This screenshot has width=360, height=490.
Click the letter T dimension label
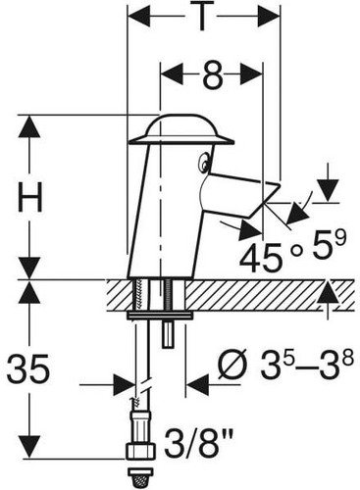click(x=202, y=17)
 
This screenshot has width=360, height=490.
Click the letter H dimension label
click(x=30, y=197)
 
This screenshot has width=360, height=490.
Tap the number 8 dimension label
click(x=212, y=74)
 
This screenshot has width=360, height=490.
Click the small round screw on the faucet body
click(x=204, y=162)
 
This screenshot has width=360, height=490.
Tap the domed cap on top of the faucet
click(x=181, y=129)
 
